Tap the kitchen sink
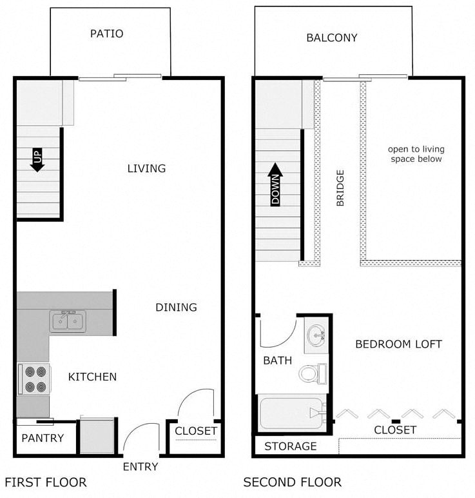[x=68, y=321]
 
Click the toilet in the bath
[x=312, y=373]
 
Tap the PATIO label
[x=107, y=34]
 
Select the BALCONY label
[x=331, y=37]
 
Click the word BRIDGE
[x=340, y=188]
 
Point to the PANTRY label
[x=43, y=438]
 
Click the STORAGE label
[x=291, y=446]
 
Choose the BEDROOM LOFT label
[x=398, y=344]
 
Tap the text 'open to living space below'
[x=416, y=154]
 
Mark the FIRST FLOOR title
[x=46, y=482]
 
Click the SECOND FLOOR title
[x=292, y=482]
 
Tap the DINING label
[x=176, y=307]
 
